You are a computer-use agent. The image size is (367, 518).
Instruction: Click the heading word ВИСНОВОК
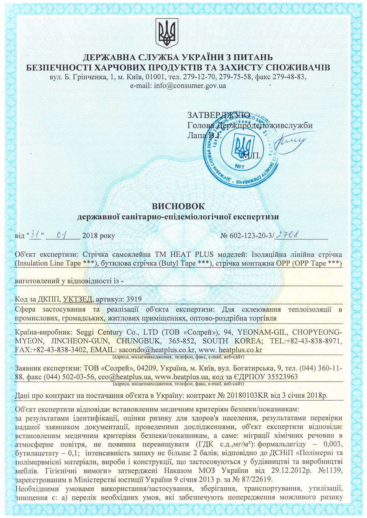[x=178, y=206]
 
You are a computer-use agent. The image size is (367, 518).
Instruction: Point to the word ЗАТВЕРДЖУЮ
[x=219, y=115]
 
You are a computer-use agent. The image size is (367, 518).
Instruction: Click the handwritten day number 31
[x=36, y=234]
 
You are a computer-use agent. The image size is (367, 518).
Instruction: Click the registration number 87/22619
[x=250, y=479]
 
